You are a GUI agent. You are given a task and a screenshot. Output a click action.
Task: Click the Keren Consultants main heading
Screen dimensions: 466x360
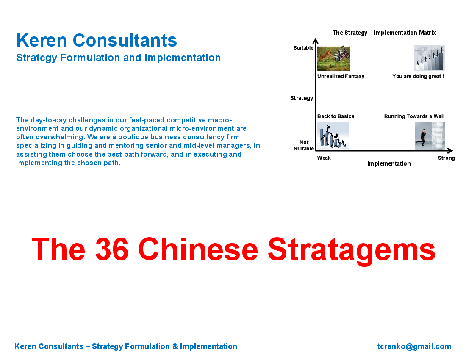97,40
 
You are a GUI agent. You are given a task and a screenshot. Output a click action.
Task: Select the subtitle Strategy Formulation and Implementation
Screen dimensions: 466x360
119,58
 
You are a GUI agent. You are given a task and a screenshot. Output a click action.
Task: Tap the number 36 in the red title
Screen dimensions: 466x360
112,249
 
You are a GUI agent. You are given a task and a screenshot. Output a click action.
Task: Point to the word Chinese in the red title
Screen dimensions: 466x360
198,249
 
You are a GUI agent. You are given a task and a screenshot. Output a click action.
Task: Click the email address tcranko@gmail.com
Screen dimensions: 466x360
414,346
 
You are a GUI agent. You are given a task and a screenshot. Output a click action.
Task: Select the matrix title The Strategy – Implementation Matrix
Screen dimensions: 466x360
384,33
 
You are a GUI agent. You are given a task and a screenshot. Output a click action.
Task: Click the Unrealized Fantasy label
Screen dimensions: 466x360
341,76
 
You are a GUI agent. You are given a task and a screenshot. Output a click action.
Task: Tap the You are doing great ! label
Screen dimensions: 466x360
418,76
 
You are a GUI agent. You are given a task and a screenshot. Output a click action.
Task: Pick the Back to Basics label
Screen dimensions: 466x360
336,116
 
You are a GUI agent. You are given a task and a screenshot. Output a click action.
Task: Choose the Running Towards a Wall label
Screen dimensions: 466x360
414,116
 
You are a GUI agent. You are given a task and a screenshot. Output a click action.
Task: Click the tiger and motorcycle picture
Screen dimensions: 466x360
333,58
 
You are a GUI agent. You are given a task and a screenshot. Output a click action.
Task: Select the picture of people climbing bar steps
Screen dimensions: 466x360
430,58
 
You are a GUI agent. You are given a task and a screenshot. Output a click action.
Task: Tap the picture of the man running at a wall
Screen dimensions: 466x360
430,136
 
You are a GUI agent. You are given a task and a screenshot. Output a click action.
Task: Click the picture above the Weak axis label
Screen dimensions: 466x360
333,136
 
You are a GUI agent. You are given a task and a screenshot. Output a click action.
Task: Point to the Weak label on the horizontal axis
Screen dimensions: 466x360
324,158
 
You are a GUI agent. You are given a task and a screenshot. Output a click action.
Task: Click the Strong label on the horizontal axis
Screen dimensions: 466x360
447,158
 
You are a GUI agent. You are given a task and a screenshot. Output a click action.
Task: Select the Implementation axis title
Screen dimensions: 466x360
389,163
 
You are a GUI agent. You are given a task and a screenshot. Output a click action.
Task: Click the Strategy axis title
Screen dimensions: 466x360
302,98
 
